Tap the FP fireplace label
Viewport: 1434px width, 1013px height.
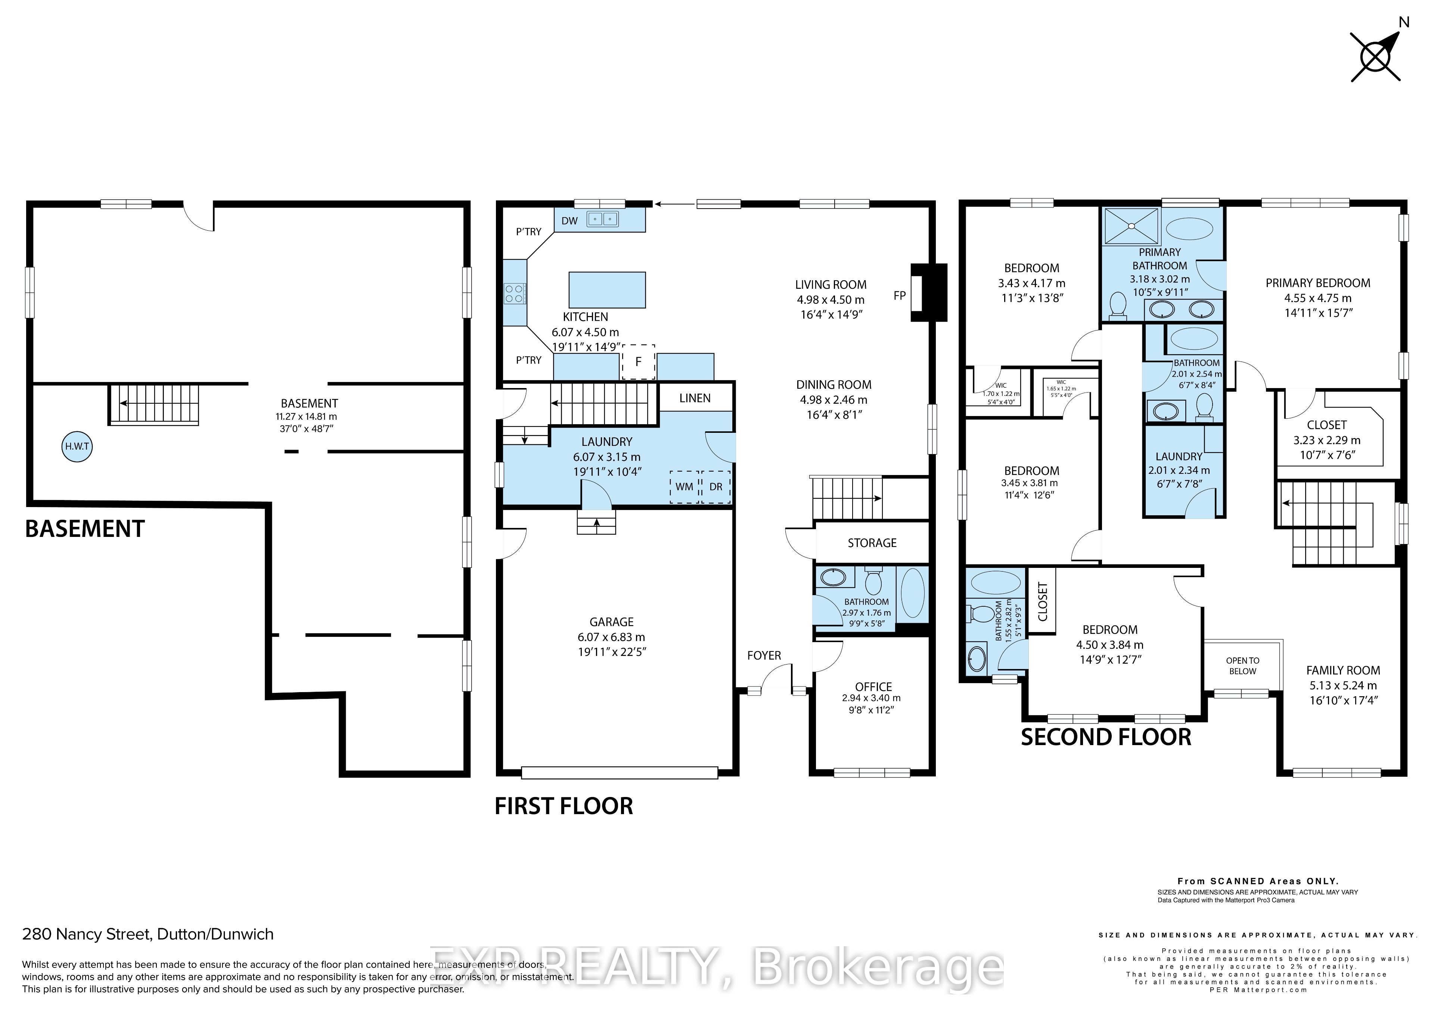click(899, 296)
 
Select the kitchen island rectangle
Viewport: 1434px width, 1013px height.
click(606, 290)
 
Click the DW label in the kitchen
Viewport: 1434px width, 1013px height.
click(569, 221)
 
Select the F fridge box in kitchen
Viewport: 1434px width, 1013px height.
click(638, 362)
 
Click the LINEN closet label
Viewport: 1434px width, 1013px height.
click(695, 398)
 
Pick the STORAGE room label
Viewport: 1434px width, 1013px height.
click(872, 543)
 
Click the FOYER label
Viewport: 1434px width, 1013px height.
click(764, 655)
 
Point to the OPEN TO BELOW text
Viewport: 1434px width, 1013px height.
click(1242, 666)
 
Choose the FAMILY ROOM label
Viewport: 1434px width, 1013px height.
click(1343, 670)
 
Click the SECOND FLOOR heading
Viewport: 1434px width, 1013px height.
click(1105, 737)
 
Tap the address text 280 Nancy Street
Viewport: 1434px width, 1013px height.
click(148, 934)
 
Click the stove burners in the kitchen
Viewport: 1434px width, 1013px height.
click(514, 293)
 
